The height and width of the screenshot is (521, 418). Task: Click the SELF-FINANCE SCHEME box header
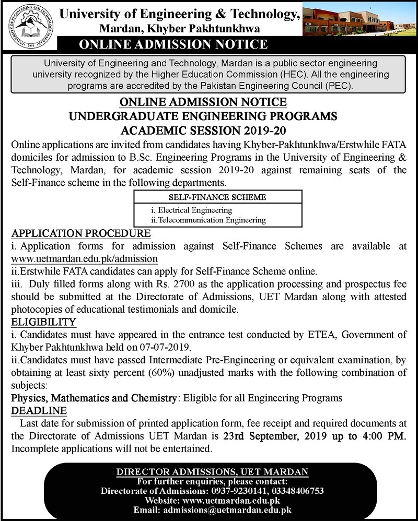[x=217, y=197]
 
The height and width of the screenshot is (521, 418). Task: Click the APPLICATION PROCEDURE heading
[x=77, y=232]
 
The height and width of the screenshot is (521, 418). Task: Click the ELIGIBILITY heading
[x=44, y=322]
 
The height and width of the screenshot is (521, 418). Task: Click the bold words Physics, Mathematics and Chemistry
[x=94, y=398]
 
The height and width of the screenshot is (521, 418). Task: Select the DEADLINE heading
[x=39, y=410]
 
